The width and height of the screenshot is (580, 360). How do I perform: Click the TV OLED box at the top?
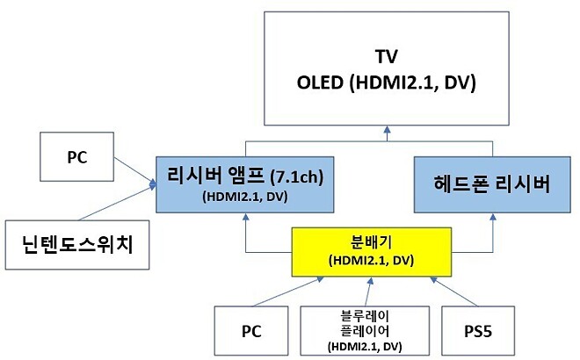pos(386,70)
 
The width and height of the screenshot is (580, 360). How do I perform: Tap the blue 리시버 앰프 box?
pos(236,185)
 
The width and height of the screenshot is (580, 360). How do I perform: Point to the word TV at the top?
pos(386,57)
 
